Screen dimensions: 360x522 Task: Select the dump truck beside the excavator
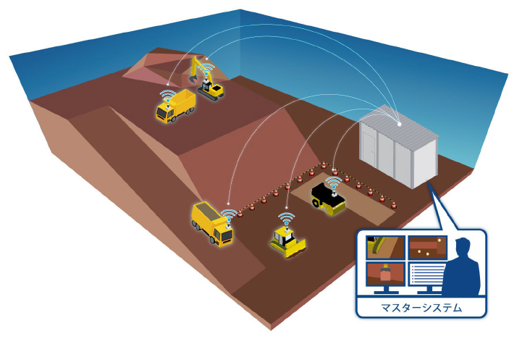coord(174,106)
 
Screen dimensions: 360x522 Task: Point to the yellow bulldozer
coord(287,241)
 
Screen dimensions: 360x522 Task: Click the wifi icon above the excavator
coord(207,71)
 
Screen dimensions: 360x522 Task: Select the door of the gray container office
coord(369,152)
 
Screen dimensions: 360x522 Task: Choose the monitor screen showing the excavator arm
coord(384,248)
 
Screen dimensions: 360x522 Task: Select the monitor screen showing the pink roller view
coord(384,275)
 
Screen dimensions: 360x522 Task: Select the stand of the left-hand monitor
coord(384,292)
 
